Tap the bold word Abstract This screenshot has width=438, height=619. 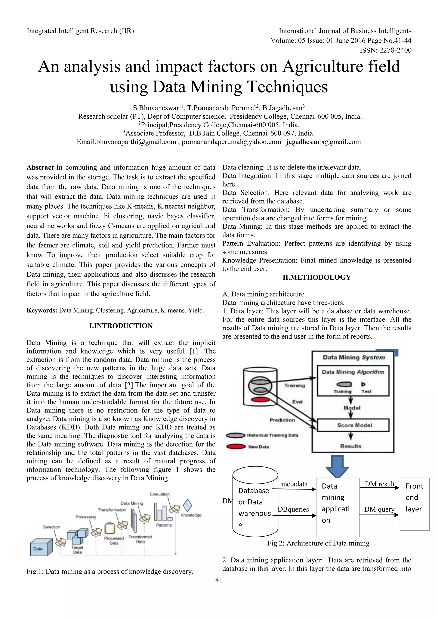tap(40, 167)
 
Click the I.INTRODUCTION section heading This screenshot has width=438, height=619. tap(121, 326)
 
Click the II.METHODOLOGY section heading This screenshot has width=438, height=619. tap(317, 277)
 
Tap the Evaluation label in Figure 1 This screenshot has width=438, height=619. tap(160, 494)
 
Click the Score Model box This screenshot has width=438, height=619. tap(354, 425)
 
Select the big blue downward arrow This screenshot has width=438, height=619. tap(337, 467)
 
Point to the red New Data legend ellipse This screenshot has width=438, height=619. tap(236, 447)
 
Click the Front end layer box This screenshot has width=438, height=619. tap(414, 504)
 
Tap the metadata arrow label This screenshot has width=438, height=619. tap(294, 484)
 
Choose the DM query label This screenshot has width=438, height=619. tap(379, 509)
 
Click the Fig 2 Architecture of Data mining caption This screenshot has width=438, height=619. tap(318, 543)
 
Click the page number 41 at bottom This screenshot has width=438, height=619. tap(219, 580)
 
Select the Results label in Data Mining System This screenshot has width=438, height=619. tap(351, 446)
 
